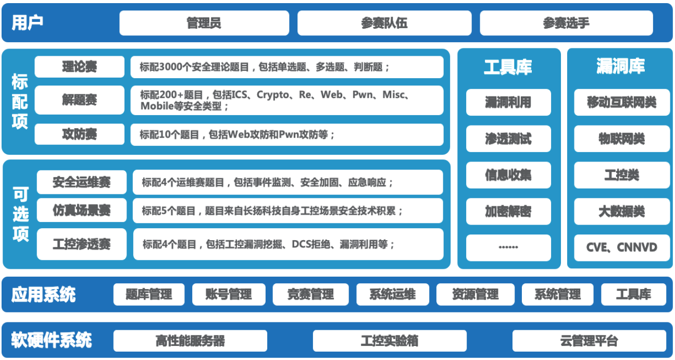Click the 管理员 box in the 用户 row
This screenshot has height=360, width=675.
click(x=204, y=23)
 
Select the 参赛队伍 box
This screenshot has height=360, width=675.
click(x=384, y=23)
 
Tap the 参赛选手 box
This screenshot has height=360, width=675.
click(x=566, y=23)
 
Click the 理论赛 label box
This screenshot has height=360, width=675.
click(x=79, y=67)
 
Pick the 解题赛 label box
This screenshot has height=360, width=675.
click(x=79, y=100)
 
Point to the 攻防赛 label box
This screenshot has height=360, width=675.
click(x=79, y=134)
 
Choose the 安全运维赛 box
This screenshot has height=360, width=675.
click(x=81, y=182)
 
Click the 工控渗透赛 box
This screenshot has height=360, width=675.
click(x=81, y=244)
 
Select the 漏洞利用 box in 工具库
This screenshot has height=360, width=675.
click(x=508, y=102)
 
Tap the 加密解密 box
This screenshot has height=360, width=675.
click(x=508, y=212)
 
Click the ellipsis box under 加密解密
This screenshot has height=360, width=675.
click(x=508, y=247)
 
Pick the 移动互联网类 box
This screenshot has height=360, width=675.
click(x=621, y=102)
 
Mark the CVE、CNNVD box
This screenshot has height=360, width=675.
click(x=621, y=247)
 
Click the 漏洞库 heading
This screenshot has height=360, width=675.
click(x=620, y=66)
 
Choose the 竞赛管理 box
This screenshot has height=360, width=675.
click(x=310, y=294)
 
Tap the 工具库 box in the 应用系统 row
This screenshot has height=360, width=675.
click(x=633, y=294)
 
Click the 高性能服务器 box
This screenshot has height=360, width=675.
click(x=190, y=341)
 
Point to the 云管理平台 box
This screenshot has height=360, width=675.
click(x=589, y=341)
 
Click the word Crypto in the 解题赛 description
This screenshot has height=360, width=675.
click(x=273, y=95)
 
